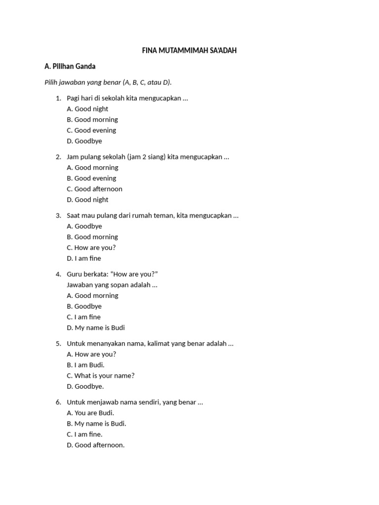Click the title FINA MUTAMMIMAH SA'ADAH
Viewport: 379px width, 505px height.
tap(189, 51)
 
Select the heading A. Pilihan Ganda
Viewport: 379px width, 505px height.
tap(70, 66)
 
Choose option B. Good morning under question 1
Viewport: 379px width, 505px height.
tap(92, 119)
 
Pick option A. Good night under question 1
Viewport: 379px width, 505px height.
tap(87, 109)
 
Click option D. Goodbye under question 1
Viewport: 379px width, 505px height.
tap(84, 141)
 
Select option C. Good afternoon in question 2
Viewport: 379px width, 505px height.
tap(94, 189)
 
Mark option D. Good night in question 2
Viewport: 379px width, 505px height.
tap(87, 200)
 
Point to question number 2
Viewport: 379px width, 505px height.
tap(58, 157)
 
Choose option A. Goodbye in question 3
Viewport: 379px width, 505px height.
tap(84, 226)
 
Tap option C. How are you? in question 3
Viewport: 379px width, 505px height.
tap(91, 248)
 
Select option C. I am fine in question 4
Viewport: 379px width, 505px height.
tap(83, 317)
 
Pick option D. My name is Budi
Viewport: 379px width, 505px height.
tap(96, 328)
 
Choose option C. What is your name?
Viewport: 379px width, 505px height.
tap(101, 376)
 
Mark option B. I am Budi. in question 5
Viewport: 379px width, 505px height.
tap(85, 365)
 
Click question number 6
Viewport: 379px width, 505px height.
tap(58, 402)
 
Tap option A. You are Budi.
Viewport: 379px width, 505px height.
tap(90, 413)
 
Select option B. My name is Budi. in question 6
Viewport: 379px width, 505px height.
tap(96, 424)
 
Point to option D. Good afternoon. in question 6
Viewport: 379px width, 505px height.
tap(96, 445)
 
